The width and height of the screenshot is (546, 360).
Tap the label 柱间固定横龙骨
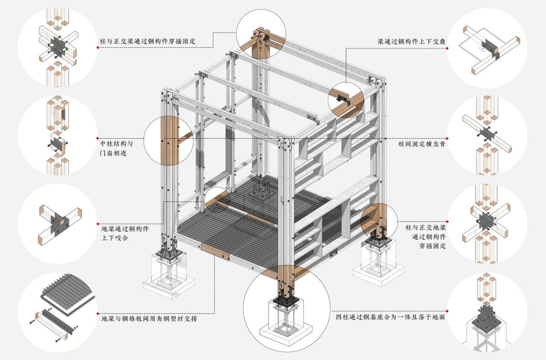click(x=418, y=139)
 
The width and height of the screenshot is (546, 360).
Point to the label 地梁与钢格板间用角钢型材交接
click(x=149, y=319)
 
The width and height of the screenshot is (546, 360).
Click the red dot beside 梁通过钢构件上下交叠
click(x=447, y=48)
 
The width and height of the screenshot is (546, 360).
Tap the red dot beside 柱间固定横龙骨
click(x=447, y=139)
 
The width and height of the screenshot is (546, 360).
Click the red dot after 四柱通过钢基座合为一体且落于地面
click(x=447, y=311)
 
